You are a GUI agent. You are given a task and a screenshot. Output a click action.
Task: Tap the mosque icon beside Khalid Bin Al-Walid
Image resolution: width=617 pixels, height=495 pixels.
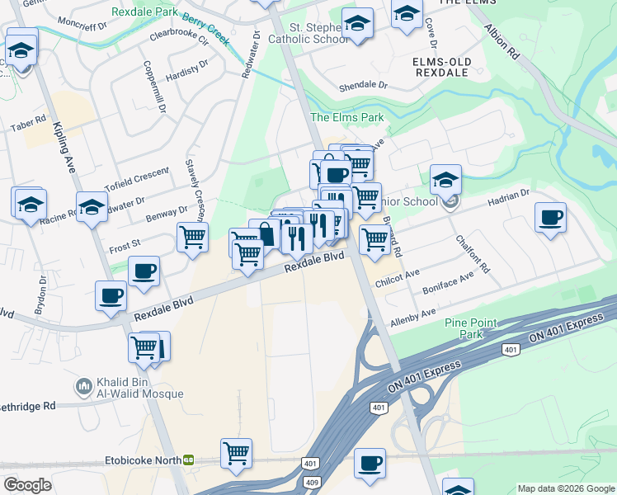pyautogui.click(x=83, y=386)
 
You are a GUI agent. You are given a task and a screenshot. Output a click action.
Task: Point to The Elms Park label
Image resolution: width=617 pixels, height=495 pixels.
pyautogui.click(x=346, y=117)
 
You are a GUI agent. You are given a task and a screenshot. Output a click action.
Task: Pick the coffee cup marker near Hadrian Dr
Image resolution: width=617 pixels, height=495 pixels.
pyautogui.click(x=550, y=218)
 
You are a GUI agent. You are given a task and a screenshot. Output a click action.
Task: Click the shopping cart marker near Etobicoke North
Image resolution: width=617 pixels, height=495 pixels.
pyautogui.click(x=236, y=453)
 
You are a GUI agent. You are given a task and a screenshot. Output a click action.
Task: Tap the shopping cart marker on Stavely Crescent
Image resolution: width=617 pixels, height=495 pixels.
pyautogui.click(x=192, y=238)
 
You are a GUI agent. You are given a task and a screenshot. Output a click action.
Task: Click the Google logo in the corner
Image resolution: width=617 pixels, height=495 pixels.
pyautogui.click(x=27, y=484)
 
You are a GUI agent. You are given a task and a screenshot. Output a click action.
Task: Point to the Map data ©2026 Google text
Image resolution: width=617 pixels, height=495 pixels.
pyautogui.click(x=566, y=488)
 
